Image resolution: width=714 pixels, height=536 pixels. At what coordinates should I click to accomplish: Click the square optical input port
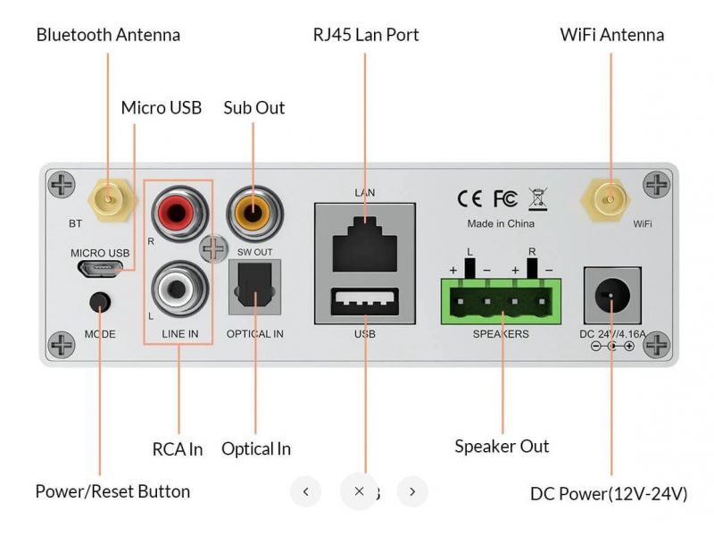click(x=254, y=288)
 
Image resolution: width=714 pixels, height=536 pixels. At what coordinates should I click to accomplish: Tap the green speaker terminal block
click(x=501, y=300)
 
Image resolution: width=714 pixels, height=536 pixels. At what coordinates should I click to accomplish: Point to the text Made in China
click(x=501, y=223)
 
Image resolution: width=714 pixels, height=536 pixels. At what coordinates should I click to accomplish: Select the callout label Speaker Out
click(x=502, y=446)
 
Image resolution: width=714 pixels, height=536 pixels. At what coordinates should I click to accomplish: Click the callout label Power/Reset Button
click(x=112, y=491)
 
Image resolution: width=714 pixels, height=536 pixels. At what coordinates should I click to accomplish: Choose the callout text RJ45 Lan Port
click(x=365, y=35)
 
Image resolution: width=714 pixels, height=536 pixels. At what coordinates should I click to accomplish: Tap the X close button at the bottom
click(x=359, y=490)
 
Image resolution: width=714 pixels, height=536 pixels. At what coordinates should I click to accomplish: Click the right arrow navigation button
click(x=412, y=490)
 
